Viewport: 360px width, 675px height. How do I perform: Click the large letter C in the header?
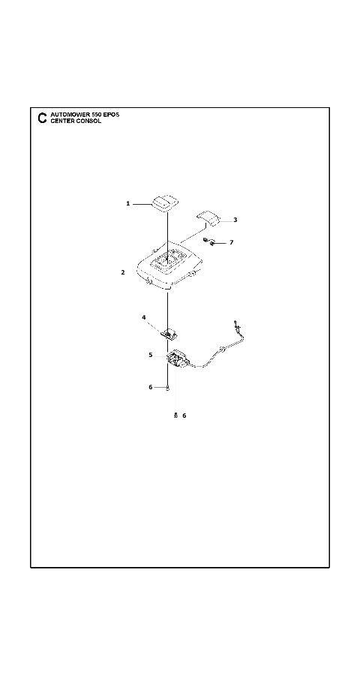[x=42, y=118]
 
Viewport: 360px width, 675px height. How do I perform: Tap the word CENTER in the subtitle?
[x=61, y=121]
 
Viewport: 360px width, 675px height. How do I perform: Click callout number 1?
[x=128, y=203]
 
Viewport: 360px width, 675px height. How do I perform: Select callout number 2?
[x=123, y=272]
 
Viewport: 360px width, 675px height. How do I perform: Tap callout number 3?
[x=235, y=220]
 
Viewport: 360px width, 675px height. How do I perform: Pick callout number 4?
[x=144, y=317]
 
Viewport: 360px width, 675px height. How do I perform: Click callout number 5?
[x=151, y=355]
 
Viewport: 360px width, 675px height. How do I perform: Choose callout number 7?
[x=231, y=243]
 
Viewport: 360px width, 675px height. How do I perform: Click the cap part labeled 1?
[x=165, y=202]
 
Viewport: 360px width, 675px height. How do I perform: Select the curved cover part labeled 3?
[x=208, y=217]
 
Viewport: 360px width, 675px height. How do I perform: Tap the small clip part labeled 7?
[x=209, y=242]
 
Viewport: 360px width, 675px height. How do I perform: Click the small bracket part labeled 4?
[x=169, y=333]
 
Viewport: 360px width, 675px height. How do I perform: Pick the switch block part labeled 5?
[x=178, y=358]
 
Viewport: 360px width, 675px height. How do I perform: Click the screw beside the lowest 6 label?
[x=175, y=415]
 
